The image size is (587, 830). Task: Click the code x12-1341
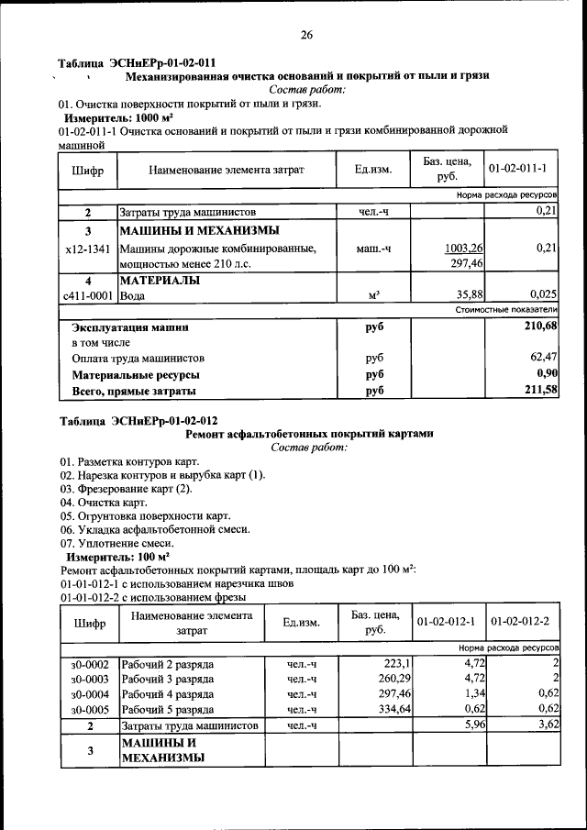tap(88, 248)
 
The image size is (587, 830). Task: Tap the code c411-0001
tap(88, 296)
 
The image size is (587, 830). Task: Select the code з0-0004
tap(89, 693)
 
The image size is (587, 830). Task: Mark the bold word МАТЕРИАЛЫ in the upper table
tap(161, 281)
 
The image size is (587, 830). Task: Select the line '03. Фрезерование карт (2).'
tap(127, 489)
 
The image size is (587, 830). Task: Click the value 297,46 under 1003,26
tap(468, 263)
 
